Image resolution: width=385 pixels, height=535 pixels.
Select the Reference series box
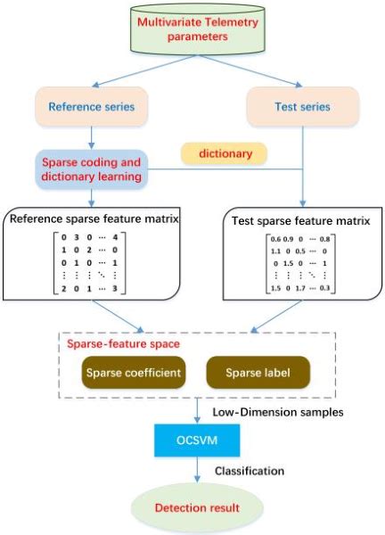(x=93, y=107)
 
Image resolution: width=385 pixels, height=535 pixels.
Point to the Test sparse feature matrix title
(x=297, y=218)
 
